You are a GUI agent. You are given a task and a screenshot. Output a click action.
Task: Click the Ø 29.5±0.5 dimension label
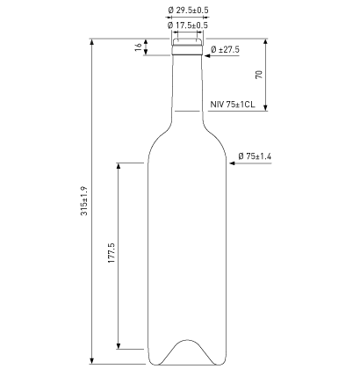click(x=187, y=11)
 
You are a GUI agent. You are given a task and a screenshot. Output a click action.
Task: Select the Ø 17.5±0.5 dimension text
click(x=187, y=25)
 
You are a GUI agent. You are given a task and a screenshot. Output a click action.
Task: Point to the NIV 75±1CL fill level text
click(x=233, y=105)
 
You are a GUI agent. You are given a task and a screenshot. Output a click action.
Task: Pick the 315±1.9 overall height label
click(x=83, y=200)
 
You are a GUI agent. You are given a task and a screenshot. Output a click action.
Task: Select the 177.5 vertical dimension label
click(x=112, y=256)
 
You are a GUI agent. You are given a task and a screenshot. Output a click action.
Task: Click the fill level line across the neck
click(x=187, y=112)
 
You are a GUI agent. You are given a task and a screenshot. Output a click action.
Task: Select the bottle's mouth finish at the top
click(x=187, y=44)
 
